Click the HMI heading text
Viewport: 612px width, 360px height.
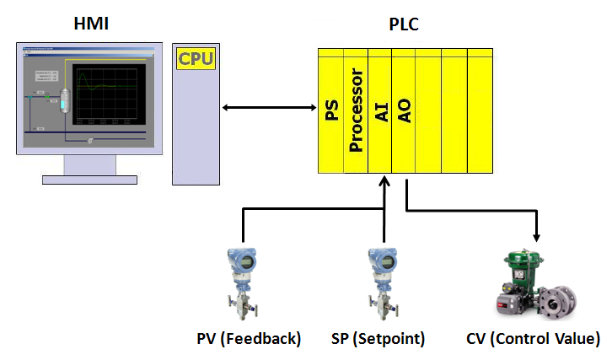pyautogui.click(x=91, y=23)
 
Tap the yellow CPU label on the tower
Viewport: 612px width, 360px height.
pyautogui.click(x=195, y=59)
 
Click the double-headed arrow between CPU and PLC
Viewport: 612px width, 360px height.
pyautogui.click(x=268, y=107)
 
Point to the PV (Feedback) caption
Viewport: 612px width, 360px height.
pyautogui.click(x=244, y=339)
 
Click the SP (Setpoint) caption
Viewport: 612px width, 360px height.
pyautogui.click(x=378, y=339)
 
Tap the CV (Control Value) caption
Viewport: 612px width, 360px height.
pyautogui.click(x=533, y=339)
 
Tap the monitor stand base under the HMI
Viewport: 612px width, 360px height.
pyautogui.click(x=90, y=179)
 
